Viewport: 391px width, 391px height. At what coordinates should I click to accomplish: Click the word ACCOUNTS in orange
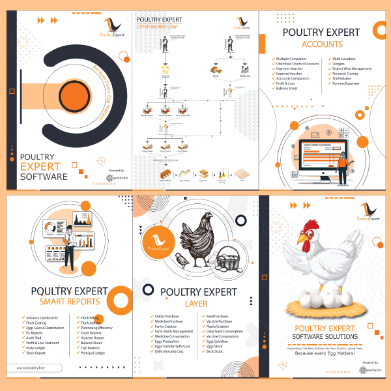(x=318, y=44)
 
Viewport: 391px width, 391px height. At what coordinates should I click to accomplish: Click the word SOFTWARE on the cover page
(x=44, y=177)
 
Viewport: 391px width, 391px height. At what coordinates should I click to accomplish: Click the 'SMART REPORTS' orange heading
(x=70, y=302)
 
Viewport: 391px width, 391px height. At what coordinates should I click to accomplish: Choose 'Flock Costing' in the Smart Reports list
(x=38, y=323)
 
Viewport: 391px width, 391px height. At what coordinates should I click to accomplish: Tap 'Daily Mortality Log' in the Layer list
(x=171, y=352)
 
